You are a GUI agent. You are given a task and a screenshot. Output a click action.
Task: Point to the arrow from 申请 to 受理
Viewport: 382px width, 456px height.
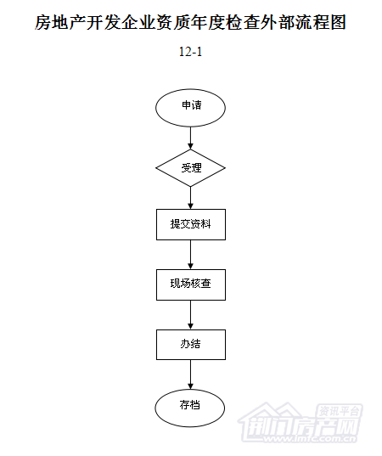pyautogui.click(x=190, y=138)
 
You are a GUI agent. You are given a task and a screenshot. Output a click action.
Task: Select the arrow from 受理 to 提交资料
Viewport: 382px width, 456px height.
pyautogui.click(x=190, y=198)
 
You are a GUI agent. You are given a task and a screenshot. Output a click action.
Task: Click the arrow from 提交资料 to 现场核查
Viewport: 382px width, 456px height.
pyautogui.click(x=190, y=255)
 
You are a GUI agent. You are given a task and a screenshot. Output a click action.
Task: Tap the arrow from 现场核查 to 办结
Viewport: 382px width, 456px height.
pyautogui.click(x=190, y=315)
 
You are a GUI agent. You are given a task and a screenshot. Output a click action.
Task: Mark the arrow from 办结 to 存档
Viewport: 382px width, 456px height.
pyautogui.click(x=190, y=374)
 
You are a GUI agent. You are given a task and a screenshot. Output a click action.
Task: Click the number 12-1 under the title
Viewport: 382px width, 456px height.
pyautogui.click(x=190, y=52)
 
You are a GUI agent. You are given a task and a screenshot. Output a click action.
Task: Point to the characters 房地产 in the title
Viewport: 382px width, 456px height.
pyautogui.click(x=60, y=22)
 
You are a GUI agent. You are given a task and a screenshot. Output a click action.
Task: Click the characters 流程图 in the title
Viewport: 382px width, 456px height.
pyautogui.click(x=321, y=22)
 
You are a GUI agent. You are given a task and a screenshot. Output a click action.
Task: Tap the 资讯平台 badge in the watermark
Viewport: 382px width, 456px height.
pyautogui.click(x=340, y=412)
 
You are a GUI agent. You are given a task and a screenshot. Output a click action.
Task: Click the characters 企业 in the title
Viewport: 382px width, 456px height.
pyautogui.click(x=138, y=22)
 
